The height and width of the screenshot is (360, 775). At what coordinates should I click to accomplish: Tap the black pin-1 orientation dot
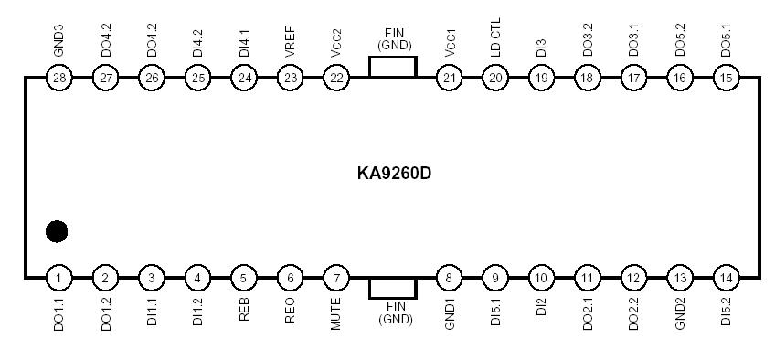57,231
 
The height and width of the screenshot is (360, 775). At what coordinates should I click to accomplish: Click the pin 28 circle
59,78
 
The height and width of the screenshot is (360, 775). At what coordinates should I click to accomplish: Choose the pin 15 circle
726,78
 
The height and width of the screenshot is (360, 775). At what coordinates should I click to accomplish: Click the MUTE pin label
336,313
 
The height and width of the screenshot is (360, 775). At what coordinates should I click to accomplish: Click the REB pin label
244,310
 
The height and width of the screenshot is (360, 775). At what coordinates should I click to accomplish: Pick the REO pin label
290,310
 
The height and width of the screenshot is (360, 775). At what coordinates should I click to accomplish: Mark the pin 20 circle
495,78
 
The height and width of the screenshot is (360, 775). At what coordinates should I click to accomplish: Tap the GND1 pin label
449,313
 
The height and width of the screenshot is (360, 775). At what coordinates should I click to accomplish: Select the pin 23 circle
290,78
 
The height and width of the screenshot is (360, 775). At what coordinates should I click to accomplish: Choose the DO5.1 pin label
726,42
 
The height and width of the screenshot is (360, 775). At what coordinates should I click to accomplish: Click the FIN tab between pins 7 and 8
392,288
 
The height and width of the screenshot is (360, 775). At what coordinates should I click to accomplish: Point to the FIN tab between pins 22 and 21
392,67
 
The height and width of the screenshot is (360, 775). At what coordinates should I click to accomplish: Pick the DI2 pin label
541,306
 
